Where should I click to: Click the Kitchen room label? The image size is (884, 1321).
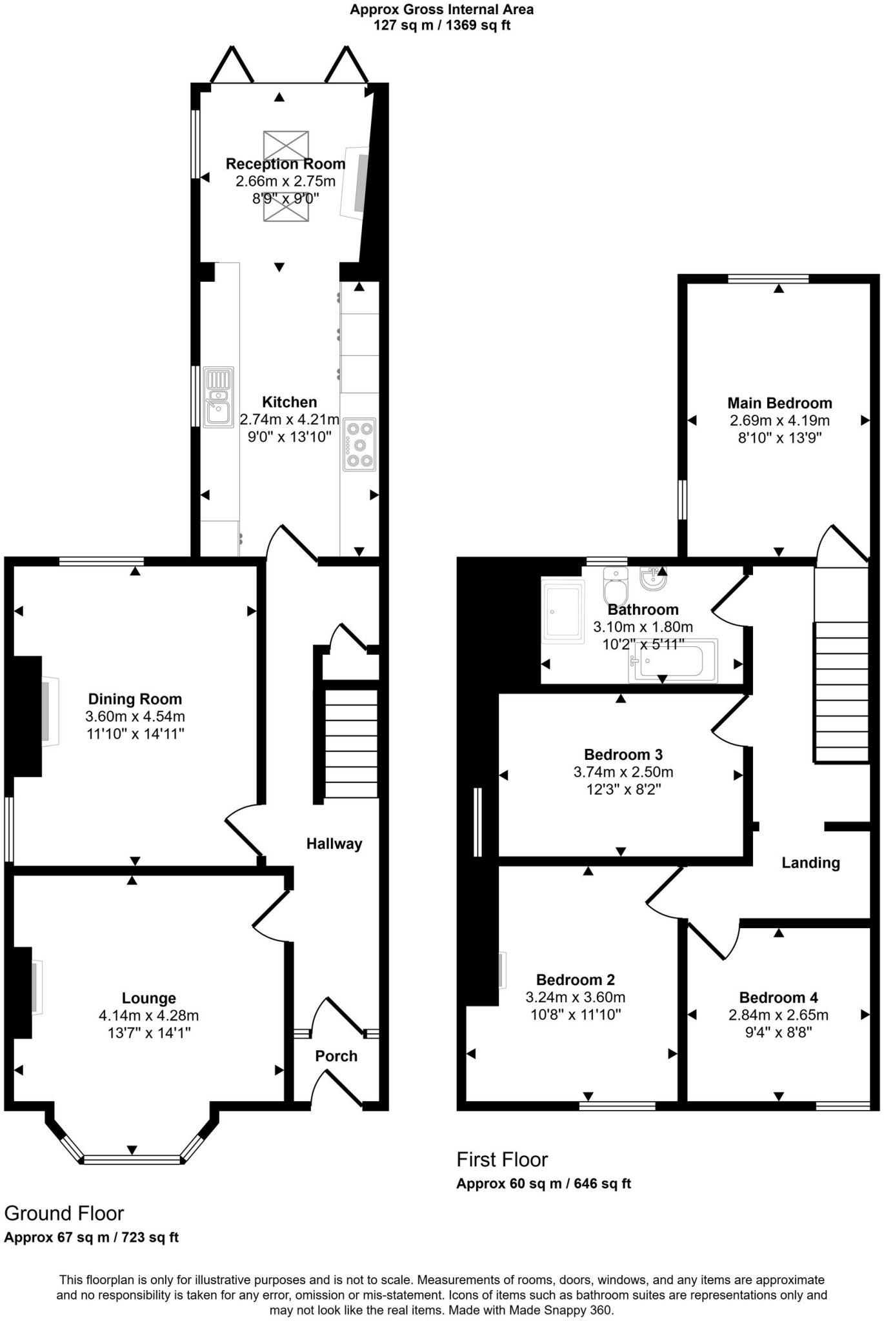289,402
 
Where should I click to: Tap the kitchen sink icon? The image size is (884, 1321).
218,397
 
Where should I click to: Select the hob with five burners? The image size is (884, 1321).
359,444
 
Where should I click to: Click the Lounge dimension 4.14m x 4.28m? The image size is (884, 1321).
148,1015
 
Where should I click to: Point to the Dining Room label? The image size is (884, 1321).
135,699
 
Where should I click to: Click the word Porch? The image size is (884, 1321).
336,1056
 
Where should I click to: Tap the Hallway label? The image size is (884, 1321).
334,844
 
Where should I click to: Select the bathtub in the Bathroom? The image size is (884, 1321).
672,661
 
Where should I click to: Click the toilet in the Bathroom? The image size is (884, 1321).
615,584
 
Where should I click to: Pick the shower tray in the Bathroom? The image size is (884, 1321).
563,610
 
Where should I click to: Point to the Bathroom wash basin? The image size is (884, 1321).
652,578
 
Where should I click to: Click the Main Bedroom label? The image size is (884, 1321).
779,403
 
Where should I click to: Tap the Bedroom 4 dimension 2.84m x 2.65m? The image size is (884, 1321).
778,1015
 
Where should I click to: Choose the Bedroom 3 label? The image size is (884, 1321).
623,755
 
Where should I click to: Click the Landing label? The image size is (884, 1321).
810,863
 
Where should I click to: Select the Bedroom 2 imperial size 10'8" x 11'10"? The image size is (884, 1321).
575,1015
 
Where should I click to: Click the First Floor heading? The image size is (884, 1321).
502,1160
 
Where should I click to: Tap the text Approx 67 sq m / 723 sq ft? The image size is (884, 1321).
91,1237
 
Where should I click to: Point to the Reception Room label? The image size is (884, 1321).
285,164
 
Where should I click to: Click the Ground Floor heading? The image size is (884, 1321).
64,1213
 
